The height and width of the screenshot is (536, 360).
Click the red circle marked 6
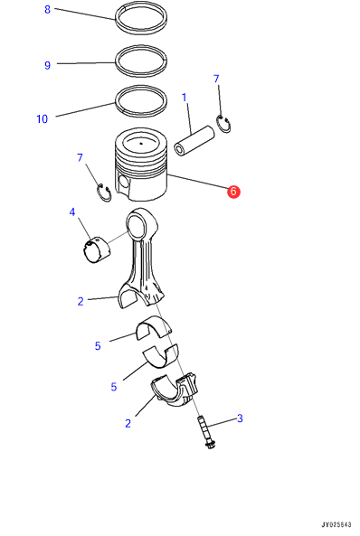(233, 192)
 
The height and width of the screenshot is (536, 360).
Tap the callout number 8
(48, 10)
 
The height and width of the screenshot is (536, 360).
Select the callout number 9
(48, 65)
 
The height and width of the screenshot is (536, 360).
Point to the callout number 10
(43, 119)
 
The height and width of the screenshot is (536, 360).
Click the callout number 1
(185, 98)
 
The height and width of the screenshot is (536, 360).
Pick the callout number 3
(240, 418)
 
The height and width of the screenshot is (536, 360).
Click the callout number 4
(71, 212)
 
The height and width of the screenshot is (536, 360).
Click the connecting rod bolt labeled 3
(205, 432)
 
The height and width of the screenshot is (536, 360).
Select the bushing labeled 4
(98, 250)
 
